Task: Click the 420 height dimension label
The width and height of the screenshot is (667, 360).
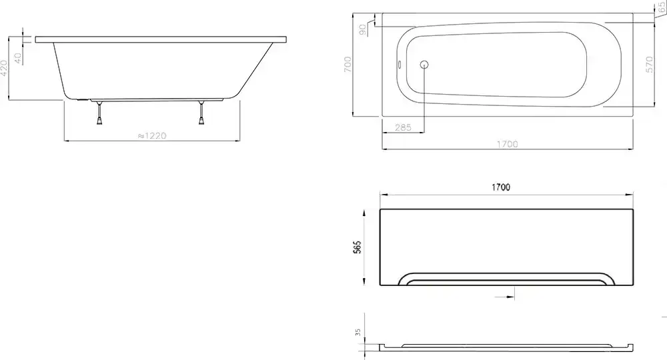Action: [x=4, y=68]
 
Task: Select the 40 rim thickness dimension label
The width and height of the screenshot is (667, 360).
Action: [x=18, y=58]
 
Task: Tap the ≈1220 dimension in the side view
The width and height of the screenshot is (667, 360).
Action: [x=152, y=135]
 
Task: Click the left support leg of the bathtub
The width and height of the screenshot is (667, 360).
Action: [x=99, y=113]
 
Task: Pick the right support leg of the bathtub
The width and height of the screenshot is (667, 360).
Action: [x=202, y=113]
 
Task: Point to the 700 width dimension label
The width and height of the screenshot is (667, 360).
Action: [x=348, y=64]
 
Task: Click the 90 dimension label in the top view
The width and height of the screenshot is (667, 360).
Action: [x=362, y=29]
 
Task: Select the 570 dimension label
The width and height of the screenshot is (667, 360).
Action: [x=649, y=65]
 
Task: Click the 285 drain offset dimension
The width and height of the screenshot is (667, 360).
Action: [x=403, y=127]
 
